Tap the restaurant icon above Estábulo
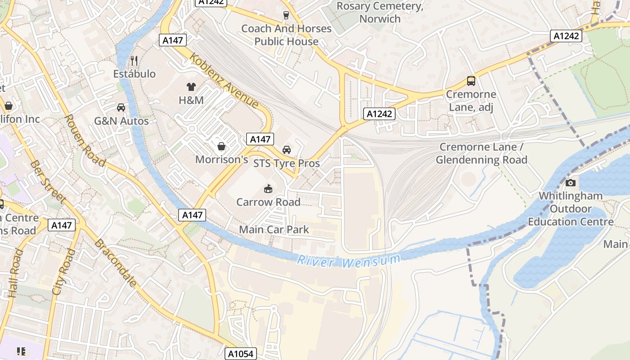point(134,60)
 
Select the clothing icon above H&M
point(191,87)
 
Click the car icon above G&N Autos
point(121,108)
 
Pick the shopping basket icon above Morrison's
point(221,146)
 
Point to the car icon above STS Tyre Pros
point(286,150)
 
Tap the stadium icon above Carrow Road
point(268,188)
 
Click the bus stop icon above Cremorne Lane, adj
point(471,81)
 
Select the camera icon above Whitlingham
point(570,183)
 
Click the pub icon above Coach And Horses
point(286,15)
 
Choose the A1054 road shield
point(241,354)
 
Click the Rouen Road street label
point(84,140)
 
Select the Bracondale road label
point(115,263)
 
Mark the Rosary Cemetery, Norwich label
point(380,12)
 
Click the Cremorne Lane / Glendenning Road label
point(481,153)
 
